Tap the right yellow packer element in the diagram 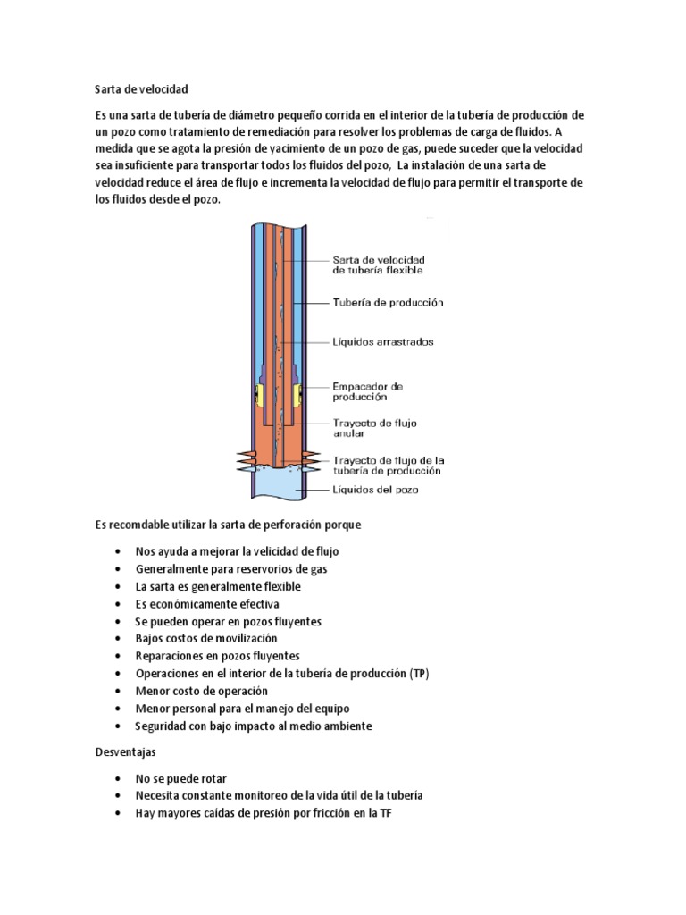point(301,392)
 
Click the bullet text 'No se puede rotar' point(180,778)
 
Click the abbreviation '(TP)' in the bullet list point(420,674)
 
